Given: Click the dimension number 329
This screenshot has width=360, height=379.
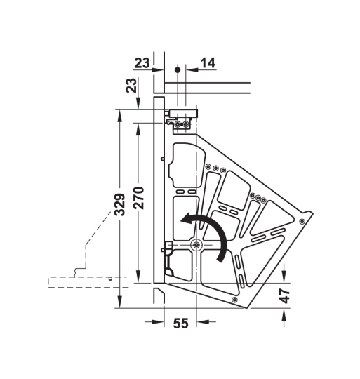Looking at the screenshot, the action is click(x=120, y=204).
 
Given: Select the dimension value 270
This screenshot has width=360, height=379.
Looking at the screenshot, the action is click(x=139, y=198).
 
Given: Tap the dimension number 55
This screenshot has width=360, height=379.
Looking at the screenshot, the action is click(x=180, y=324).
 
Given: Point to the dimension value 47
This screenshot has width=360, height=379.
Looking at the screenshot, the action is click(x=285, y=296).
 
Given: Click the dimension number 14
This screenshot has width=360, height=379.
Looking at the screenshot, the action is click(x=208, y=63).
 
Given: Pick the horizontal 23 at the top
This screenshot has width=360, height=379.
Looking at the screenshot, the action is click(x=142, y=63).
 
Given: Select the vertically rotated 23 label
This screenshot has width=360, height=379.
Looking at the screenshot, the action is click(x=131, y=86).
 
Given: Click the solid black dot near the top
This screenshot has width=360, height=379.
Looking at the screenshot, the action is click(x=178, y=70).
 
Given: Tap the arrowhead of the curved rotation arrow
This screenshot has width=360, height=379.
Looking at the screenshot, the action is click(x=185, y=220).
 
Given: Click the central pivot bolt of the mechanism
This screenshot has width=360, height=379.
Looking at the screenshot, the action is click(x=196, y=245).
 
